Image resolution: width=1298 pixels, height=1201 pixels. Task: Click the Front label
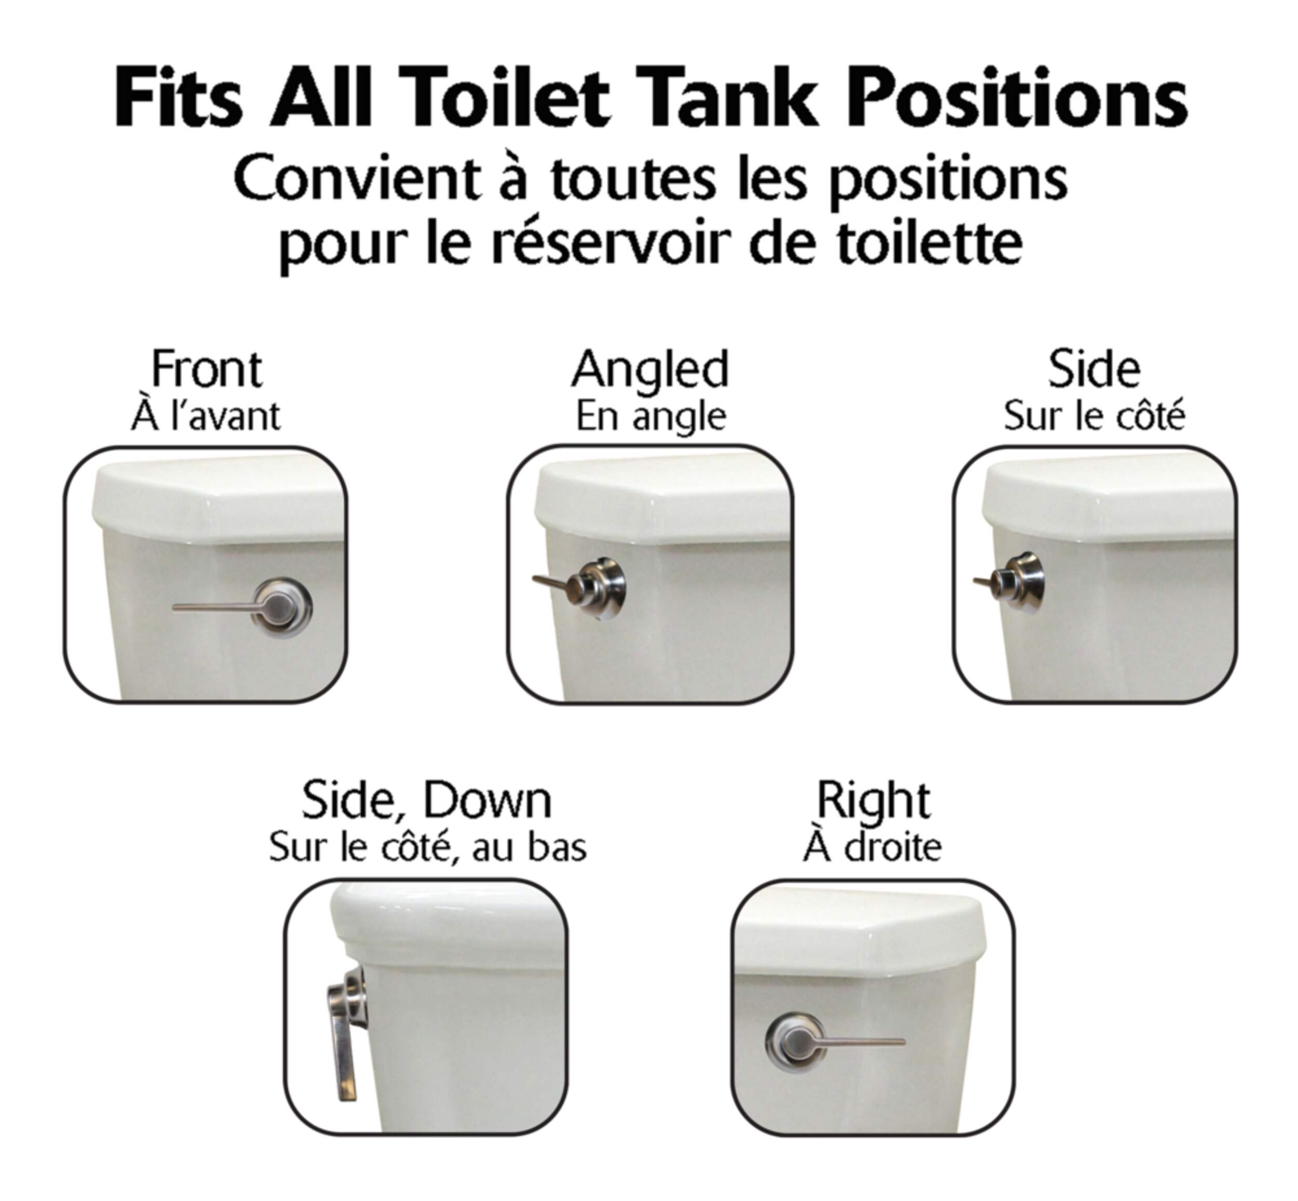(x=206, y=369)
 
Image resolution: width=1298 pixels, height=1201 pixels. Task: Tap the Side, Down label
(x=426, y=801)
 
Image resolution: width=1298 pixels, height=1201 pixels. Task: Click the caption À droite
(x=872, y=846)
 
